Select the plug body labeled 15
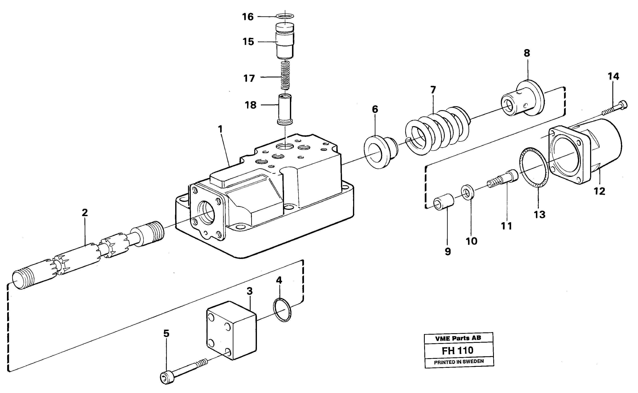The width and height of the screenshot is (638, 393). pyautogui.click(x=285, y=42)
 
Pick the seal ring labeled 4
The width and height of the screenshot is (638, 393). pyautogui.click(x=282, y=310)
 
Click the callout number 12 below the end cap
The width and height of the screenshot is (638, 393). pyautogui.click(x=599, y=192)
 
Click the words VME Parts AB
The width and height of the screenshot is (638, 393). pyautogui.click(x=458, y=338)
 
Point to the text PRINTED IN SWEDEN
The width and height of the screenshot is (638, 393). pyautogui.click(x=459, y=362)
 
